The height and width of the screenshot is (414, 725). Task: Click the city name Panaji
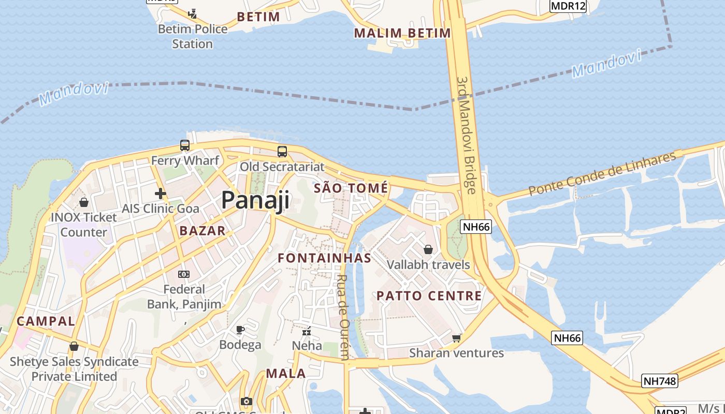(255, 200)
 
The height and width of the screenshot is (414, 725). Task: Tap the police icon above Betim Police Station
(193, 13)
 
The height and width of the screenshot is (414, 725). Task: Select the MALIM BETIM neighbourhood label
(402, 33)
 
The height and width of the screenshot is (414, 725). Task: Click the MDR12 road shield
(568, 6)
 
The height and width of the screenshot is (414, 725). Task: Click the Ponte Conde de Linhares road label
(602, 173)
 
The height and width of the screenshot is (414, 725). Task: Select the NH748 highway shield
(659, 381)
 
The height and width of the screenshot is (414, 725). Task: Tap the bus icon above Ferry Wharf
(185, 145)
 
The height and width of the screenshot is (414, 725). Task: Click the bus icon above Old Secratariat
(282, 152)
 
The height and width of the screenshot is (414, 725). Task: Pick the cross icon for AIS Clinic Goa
(161, 194)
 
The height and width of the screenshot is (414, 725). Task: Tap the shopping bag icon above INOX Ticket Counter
(83, 202)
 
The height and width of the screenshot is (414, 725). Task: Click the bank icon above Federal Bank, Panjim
(184, 274)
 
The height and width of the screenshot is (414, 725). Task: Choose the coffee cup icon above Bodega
(240, 330)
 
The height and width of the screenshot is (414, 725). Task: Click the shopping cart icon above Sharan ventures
(456, 338)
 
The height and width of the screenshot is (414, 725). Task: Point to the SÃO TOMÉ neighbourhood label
(351, 188)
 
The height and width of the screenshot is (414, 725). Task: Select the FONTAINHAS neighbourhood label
(324, 258)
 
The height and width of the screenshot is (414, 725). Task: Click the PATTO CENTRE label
(429, 296)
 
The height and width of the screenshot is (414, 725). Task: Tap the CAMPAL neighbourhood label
(46, 321)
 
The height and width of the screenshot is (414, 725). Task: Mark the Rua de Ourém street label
(343, 316)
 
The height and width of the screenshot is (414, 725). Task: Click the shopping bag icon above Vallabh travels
(428, 250)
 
